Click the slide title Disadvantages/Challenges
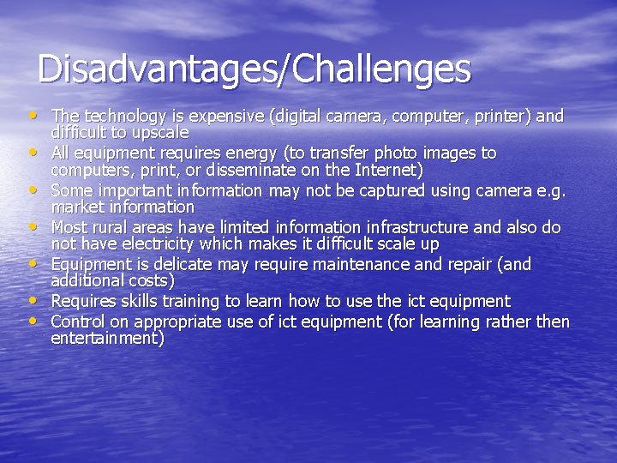coord(254,69)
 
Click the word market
coord(75,207)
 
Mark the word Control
coord(78,322)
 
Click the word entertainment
coord(108,339)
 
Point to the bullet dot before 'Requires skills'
coord(32,300)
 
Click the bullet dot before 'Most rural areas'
coord(32,226)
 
